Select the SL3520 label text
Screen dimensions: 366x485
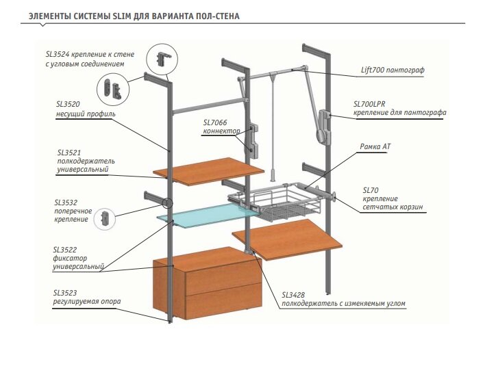(68, 105)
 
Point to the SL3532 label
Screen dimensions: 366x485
(66, 203)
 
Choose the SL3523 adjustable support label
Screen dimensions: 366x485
(66, 293)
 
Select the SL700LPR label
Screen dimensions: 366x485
(371, 104)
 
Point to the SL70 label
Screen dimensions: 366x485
(371, 189)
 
